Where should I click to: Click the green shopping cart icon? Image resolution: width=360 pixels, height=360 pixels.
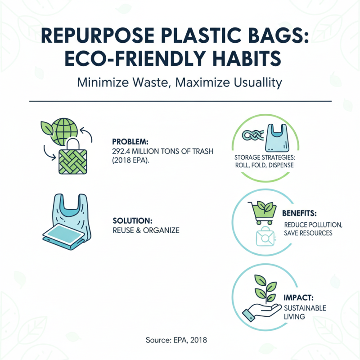[x=262, y=211]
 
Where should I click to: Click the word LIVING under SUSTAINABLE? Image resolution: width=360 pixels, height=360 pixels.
[x=294, y=316]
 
